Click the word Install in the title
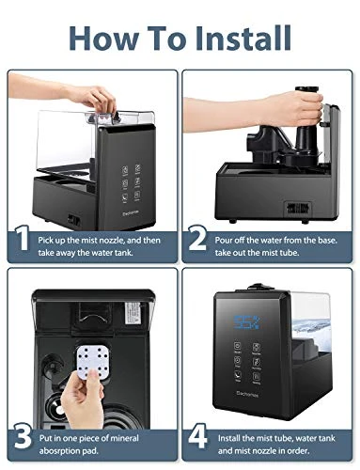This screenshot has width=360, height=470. click(x=243, y=38)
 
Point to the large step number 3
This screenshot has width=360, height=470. click(x=23, y=436)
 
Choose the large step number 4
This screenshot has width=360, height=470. click(x=197, y=435)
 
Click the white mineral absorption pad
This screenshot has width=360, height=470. click(x=94, y=359)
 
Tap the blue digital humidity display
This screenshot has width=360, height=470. click(x=247, y=322)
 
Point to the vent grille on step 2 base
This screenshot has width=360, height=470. click(x=297, y=208)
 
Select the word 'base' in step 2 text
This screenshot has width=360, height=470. click(x=328, y=241)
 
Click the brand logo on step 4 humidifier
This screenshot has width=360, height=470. click(x=247, y=395)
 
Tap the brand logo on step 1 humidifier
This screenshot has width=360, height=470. click(x=131, y=214)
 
